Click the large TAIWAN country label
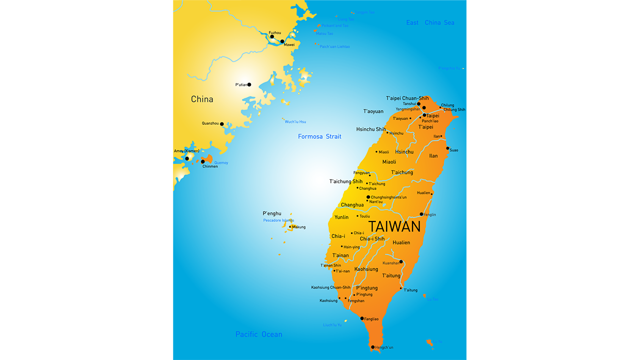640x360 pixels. coord(394,226)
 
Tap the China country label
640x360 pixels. coord(202,99)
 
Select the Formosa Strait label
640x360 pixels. coord(319,136)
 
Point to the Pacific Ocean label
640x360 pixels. coord(258,334)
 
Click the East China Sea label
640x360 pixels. coord(430,22)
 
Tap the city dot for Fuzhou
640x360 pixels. coord(272,36)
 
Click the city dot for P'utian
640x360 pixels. coord(249,84)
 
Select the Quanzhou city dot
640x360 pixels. coord(222,124)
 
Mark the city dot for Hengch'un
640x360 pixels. coord(372,347)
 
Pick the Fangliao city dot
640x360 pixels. coord(362,318)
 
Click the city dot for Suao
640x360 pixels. coord(447,148)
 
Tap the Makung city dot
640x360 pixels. coord(290,226)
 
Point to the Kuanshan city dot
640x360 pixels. coord(401,261)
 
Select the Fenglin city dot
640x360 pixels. coord(421,214)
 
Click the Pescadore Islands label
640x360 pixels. coord(278,220)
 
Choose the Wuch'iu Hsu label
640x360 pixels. coord(295,121)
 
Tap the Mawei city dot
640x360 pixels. coord(282,41)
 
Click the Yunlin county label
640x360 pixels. coord(341,217)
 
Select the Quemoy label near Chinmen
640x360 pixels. coord(221,162)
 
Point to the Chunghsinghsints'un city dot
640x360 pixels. coord(368,197)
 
